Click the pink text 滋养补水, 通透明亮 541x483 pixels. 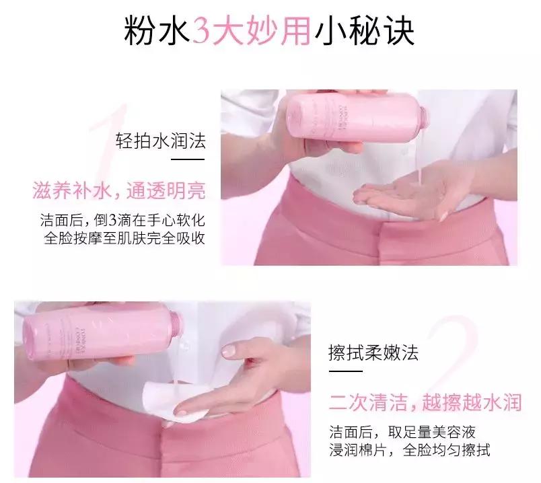pos(119,191)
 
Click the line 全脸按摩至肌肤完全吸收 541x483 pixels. pos(124,239)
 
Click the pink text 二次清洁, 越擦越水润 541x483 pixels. pos(425,402)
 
